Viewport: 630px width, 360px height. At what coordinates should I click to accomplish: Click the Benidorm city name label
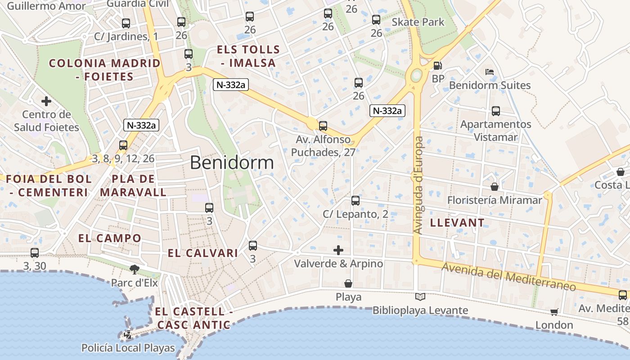(232, 162)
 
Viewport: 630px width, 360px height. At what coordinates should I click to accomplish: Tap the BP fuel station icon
(437, 66)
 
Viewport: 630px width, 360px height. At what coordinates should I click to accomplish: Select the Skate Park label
(418, 22)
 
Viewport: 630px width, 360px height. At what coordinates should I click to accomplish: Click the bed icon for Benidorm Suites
(490, 72)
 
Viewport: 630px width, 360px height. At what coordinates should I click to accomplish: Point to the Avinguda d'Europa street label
(418, 185)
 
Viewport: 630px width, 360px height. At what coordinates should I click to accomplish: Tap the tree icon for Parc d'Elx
(134, 270)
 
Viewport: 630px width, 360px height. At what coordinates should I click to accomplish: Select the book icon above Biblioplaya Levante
(420, 297)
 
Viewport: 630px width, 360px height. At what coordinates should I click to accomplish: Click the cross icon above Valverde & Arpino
(338, 250)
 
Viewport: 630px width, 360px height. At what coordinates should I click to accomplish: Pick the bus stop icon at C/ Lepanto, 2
(355, 201)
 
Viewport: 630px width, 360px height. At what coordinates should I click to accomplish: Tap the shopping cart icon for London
(554, 312)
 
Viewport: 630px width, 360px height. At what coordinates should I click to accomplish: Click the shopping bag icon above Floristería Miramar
(495, 187)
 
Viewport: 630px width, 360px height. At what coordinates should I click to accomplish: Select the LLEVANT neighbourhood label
(457, 223)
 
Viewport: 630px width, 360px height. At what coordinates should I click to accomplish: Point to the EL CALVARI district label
(202, 253)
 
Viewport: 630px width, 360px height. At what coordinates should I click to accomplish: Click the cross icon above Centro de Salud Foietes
(46, 101)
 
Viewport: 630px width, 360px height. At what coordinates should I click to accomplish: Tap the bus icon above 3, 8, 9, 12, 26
(123, 145)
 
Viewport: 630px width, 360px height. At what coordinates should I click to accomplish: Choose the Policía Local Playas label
(128, 348)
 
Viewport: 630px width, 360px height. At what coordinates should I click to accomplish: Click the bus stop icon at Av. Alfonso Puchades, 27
(323, 126)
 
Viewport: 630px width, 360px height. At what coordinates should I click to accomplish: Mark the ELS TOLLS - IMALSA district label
(248, 56)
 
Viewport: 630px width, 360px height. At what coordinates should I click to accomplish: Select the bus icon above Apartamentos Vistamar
(496, 111)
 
